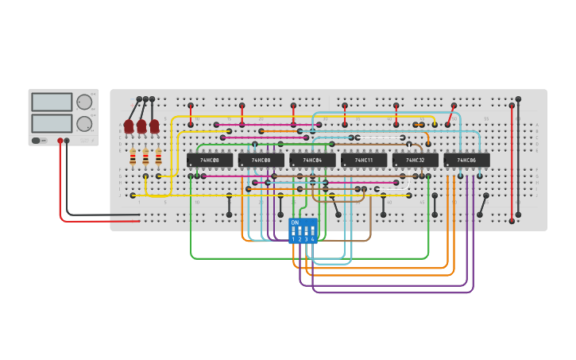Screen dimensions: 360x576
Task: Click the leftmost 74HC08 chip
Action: pos(210,161)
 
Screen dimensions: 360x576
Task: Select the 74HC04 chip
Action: pos(312,161)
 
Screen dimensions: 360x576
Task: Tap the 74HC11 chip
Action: pos(364,161)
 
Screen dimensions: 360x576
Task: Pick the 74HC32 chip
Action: pos(415,161)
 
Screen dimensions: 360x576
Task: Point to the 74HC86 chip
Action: pos(466,161)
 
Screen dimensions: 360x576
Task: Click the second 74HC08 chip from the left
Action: pos(261,161)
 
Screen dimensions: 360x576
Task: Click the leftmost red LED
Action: pos(129,126)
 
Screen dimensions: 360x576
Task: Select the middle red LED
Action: pos(141,126)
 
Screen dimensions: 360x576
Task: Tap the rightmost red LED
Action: pos(154,126)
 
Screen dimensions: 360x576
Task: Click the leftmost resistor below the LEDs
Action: pos(133,157)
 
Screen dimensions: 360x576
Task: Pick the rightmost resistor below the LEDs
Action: pos(158,157)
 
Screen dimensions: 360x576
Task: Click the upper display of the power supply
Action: pos(52,102)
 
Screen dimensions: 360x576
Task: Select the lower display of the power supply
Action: pos(52,123)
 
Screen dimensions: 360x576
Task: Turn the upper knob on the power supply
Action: pos(83,102)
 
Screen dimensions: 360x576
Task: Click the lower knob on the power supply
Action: pos(83,123)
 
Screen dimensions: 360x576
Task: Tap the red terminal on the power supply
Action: pos(60,141)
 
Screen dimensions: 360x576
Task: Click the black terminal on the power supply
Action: pos(67,141)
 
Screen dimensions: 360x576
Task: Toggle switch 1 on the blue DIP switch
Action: pos(293,231)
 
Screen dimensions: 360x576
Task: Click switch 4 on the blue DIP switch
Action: pos(313,231)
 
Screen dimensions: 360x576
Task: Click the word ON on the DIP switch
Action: pos(295,223)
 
